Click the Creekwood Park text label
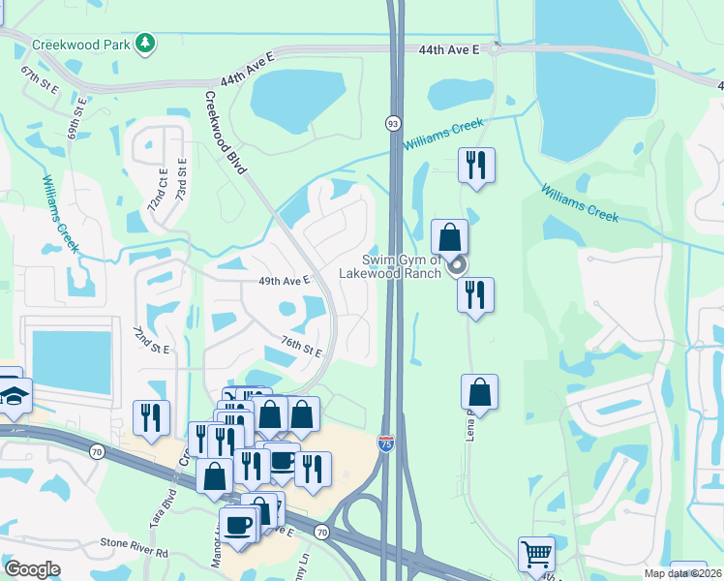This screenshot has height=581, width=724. pyautogui.click(x=81, y=45)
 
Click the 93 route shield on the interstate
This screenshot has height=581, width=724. pyautogui.click(x=393, y=123)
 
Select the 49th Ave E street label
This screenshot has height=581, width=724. pyautogui.click(x=284, y=280)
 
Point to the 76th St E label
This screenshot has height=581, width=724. pyautogui.click(x=301, y=346)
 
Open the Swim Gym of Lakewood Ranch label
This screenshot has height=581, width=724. pyautogui.click(x=390, y=265)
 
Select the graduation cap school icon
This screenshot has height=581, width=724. pyautogui.click(x=14, y=395)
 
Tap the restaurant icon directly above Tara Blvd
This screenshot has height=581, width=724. pyautogui.click(x=151, y=418)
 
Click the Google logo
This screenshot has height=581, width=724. pyautogui.click(x=32, y=569)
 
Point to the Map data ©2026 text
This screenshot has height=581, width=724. pyautogui.click(x=681, y=573)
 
